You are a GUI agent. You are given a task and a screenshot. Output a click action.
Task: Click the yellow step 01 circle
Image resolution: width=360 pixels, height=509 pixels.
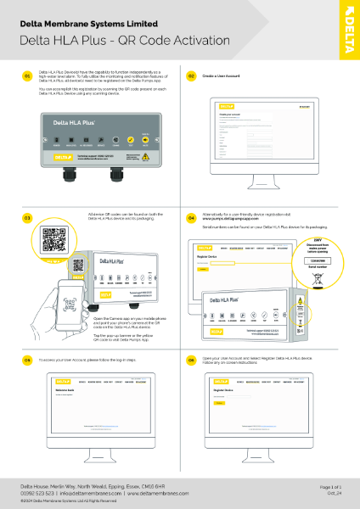tap(28, 76)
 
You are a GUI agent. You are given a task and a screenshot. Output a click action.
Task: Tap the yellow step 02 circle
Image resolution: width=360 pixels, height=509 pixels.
tap(191, 76)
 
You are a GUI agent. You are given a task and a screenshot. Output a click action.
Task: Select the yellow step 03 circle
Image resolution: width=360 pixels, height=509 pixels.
tap(28, 218)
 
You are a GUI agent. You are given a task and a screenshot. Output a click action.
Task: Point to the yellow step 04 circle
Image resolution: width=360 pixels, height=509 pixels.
tap(191, 218)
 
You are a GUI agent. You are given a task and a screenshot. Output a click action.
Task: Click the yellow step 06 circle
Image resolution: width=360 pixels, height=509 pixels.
tap(191, 360)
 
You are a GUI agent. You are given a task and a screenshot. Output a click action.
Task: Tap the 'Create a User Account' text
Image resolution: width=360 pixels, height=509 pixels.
tap(219, 76)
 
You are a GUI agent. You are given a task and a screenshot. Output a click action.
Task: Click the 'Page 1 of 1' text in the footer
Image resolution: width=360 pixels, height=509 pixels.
tap(330, 486)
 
